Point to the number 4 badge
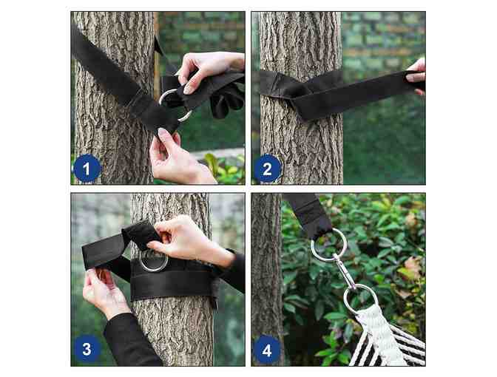[267, 350]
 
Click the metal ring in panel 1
[174, 103]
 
